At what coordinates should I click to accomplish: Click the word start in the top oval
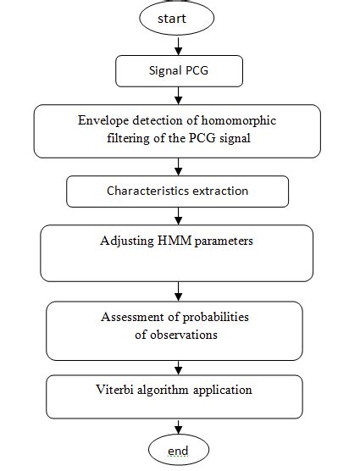pyautogui.click(x=172, y=19)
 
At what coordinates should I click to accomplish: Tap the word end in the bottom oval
pyautogui.click(x=178, y=451)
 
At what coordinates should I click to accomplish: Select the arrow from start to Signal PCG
pyautogui.click(x=179, y=46)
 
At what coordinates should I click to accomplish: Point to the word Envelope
pyautogui.click(x=103, y=121)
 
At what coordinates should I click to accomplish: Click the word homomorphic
pyautogui.click(x=238, y=121)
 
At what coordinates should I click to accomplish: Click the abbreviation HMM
pyautogui.click(x=174, y=241)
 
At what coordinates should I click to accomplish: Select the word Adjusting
pyautogui.click(x=127, y=241)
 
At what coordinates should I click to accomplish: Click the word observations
pyautogui.click(x=184, y=335)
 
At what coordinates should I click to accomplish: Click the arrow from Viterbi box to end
pyautogui.click(x=179, y=427)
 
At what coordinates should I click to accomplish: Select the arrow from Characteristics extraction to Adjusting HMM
pyautogui.click(x=179, y=216)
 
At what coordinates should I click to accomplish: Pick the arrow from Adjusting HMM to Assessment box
pyautogui.click(x=179, y=291)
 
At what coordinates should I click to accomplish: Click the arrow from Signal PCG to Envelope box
pyautogui.click(x=179, y=96)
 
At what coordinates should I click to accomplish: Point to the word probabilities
pyautogui.click(x=216, y=317)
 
